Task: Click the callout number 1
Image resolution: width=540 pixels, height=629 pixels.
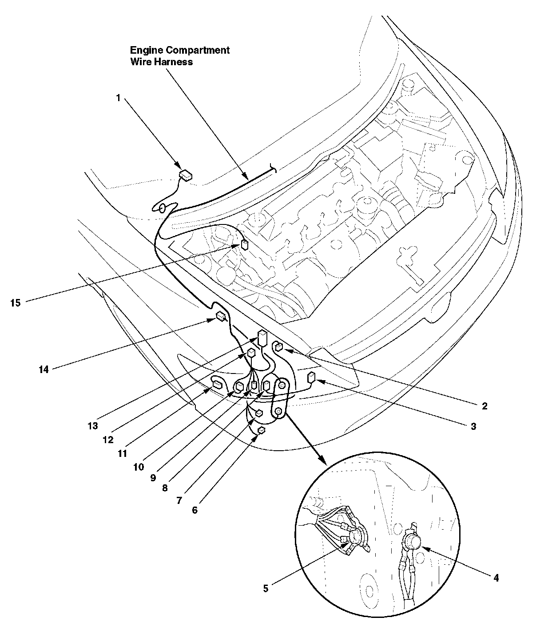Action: (x=118, y=98)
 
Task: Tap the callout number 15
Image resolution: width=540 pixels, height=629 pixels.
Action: (x=16, y=303)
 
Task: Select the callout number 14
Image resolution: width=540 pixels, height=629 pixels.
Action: (x=44, y=370)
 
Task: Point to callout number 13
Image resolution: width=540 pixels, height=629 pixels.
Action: (x=93, y=426)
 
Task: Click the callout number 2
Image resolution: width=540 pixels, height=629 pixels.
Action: (x=484, y=406)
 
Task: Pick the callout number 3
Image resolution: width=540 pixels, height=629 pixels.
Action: (x=473, y=426)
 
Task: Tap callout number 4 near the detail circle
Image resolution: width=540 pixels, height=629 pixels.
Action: (x=496, y=578)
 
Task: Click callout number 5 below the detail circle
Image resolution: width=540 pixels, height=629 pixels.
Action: (x=266, y=589)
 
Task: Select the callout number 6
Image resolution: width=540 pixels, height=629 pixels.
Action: (x=195, y=510)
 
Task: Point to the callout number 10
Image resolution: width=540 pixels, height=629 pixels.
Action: (x=139, y=467)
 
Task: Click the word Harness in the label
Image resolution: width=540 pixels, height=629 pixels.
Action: (x=173, y=62)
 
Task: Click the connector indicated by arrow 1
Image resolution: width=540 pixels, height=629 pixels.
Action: (x=186, y=175)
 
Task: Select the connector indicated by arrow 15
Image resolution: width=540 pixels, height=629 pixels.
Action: (x=244, y=244)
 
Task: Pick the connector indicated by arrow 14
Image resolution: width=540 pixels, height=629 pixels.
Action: (x=221, y=316)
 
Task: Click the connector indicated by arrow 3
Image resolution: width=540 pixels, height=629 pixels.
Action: (x=311, y=377)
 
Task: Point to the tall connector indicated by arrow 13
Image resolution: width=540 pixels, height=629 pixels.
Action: (x=262, y=338)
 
